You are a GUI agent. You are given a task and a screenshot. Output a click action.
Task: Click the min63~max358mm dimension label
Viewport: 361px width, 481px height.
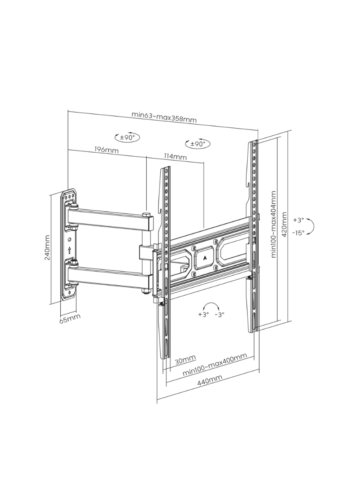point(164,117)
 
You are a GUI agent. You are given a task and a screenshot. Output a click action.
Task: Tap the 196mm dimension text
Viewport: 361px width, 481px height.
point(106,149)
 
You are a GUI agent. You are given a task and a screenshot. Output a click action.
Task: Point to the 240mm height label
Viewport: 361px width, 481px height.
point(47,248)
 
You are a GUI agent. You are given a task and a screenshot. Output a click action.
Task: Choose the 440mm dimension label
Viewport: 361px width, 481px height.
point(209,381)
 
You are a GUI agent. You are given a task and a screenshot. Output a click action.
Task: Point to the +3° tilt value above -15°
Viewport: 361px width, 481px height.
point(298,220)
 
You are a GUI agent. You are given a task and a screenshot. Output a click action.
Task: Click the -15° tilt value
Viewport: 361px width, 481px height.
point(298,233)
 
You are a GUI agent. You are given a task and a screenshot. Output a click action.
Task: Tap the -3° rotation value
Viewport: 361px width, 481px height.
point(219,314)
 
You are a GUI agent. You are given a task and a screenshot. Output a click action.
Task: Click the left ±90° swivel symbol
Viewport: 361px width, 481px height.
point(127,137)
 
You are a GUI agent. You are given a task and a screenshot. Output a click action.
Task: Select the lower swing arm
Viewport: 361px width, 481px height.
point(109,275)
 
